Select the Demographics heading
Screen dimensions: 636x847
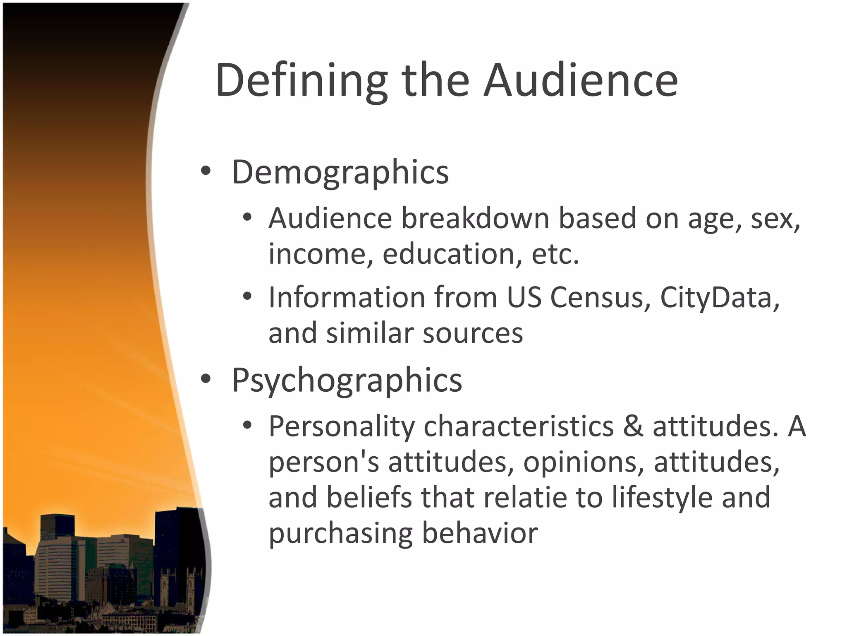pyautogui.click(x=340, y=172)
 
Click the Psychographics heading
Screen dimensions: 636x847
pyautogui.click(x=347, y=380)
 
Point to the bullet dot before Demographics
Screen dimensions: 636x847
pyautogui.click(x=206, y=171)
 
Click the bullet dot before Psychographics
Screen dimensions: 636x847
pyautogui.click(x=206, y=379)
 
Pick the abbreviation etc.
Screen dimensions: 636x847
pyautogui.click(x=555, y=253)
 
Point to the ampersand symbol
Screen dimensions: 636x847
pyautogui.click(x=633, y=426)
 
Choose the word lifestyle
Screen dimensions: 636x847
pyautogui.click(x=662, y=498)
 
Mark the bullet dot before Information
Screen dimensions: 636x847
pyautogui.click(x=247, y=296)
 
